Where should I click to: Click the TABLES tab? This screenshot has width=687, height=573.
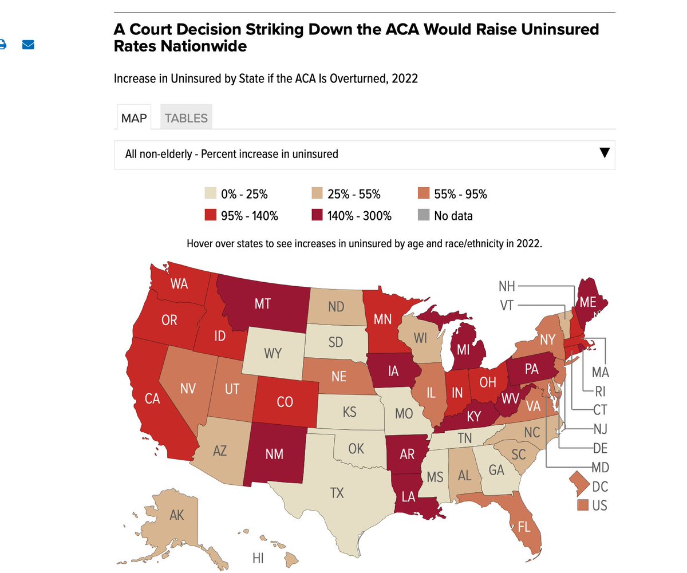pyautogui.click(x=186, y=118)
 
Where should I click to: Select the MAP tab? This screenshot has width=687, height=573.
pyautogui.click(x=134, y=118)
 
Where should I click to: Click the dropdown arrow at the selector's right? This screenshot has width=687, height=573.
pyautogui.click(x=603, y=153)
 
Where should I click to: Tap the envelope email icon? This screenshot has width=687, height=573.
pyautogui.click(x=28, y=45)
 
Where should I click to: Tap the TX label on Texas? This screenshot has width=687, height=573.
pyautogui.click(x=337, y=492)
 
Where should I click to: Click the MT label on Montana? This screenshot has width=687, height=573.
pyautogui.click(x=263, y=304)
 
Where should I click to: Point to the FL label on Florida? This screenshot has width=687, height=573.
pyautogui.click(x=524, y=527)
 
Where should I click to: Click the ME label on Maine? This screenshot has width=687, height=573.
pyautogui.click(x=588, y=302)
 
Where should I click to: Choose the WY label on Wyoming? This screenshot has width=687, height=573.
pyautogui.click(x=273, y=353)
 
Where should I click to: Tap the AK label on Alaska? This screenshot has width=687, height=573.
pyautogui.click(x=177, y=515)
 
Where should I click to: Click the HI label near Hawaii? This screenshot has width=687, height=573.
pyautogui.click(x=258, y=558)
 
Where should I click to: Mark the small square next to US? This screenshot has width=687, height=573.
pyautogui.click(x=583, y=505)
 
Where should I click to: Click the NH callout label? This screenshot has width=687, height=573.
pyautogui.click(x=507, y=286)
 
